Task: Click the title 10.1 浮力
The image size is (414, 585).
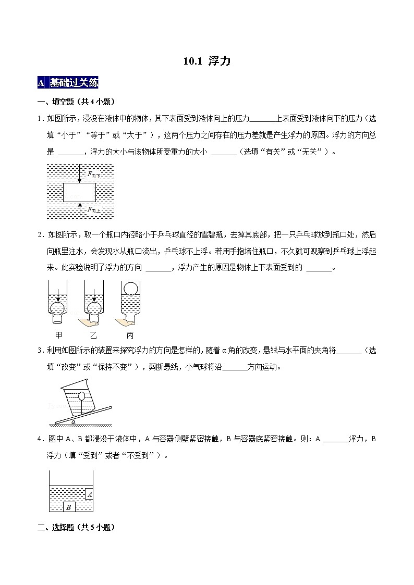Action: coord(206,61)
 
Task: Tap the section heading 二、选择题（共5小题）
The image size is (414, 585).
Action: coord(76,527)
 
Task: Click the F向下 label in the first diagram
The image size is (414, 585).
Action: coord(94,176)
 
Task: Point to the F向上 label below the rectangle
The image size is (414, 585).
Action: coord(94,209)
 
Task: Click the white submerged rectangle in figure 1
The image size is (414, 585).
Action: coord(79,192)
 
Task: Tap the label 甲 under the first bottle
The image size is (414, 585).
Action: coord(58,335)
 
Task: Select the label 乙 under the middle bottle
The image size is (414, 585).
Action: coord(94,335)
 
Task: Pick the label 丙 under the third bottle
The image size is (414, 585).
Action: coord(130,335)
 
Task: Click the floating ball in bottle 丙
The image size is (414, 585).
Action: coord(130,288)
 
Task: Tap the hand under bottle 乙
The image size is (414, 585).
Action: coord(87,323)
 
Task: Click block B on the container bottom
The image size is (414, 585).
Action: coord(68,507)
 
